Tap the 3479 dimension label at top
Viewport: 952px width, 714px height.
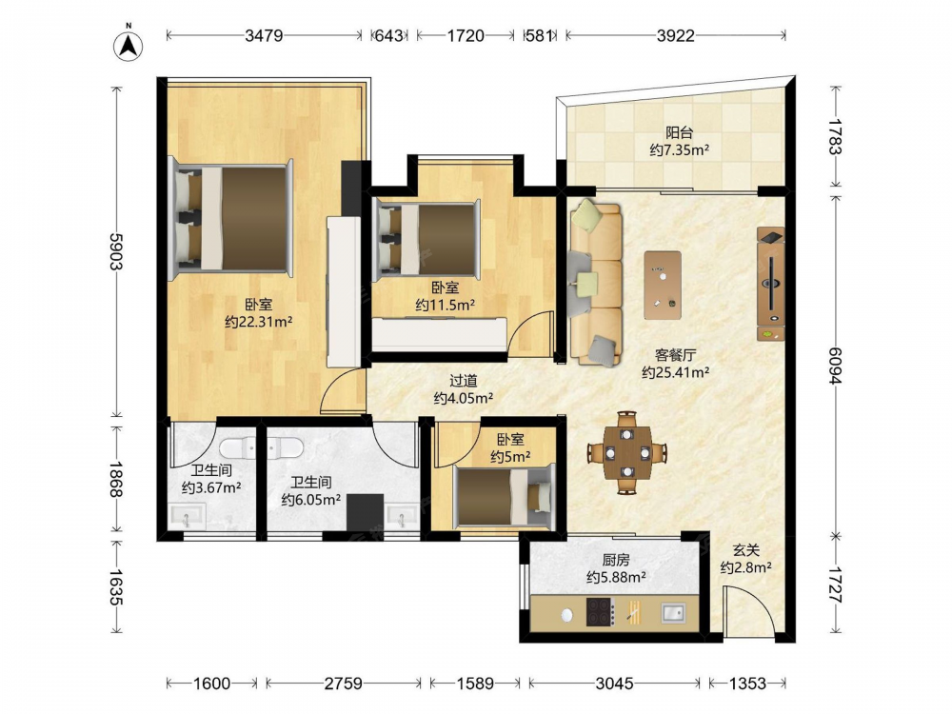pyautogui.click(x=264, y=36)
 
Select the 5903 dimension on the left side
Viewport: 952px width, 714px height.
pyautogui.click(x=115, y=251)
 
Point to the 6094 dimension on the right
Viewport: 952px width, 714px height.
pyautogui.click(x=835, y=367)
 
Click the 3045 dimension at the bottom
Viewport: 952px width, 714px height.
pyautogui.click(x=614, y=684)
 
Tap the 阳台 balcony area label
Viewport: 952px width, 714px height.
pyautogui.click(x=680, y=132)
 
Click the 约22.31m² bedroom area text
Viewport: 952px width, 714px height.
pyautogui.click(x=259, y=322)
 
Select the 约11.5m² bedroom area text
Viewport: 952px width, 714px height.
pyautogui.click(x=445, y=305)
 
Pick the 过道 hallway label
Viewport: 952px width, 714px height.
pyautogui.click(x=464, y=381)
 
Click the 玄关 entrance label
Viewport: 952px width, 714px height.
pyautogui.click(x=746, y=550)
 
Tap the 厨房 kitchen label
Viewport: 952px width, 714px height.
pyautogui.click(x=616, y=560)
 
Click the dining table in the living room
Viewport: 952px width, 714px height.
pyautogui.click(x=627, y=452)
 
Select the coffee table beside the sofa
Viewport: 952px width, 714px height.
pyautogui.click(x=663, y=285)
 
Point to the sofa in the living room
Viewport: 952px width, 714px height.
pyautogui.click(x=596, y=283)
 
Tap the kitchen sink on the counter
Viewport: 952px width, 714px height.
pyautogui.click(x=673, y=612)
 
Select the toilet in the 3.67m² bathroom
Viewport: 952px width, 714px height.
pyautogui.click(x=239, y=448)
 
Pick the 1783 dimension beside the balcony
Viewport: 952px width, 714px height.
pyautogui.click(x=835, y=137)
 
